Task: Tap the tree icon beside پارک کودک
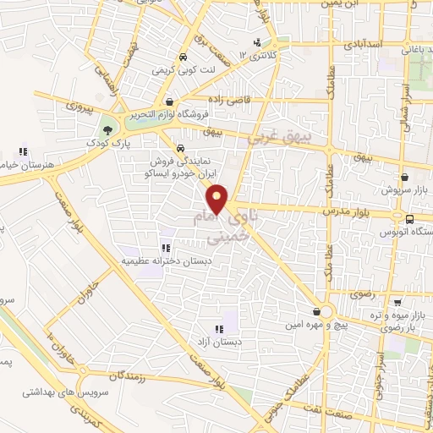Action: click(x=107, y=130)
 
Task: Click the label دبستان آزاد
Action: click(x=196, y=343)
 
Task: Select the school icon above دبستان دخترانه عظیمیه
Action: click(x=166, y=248)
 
